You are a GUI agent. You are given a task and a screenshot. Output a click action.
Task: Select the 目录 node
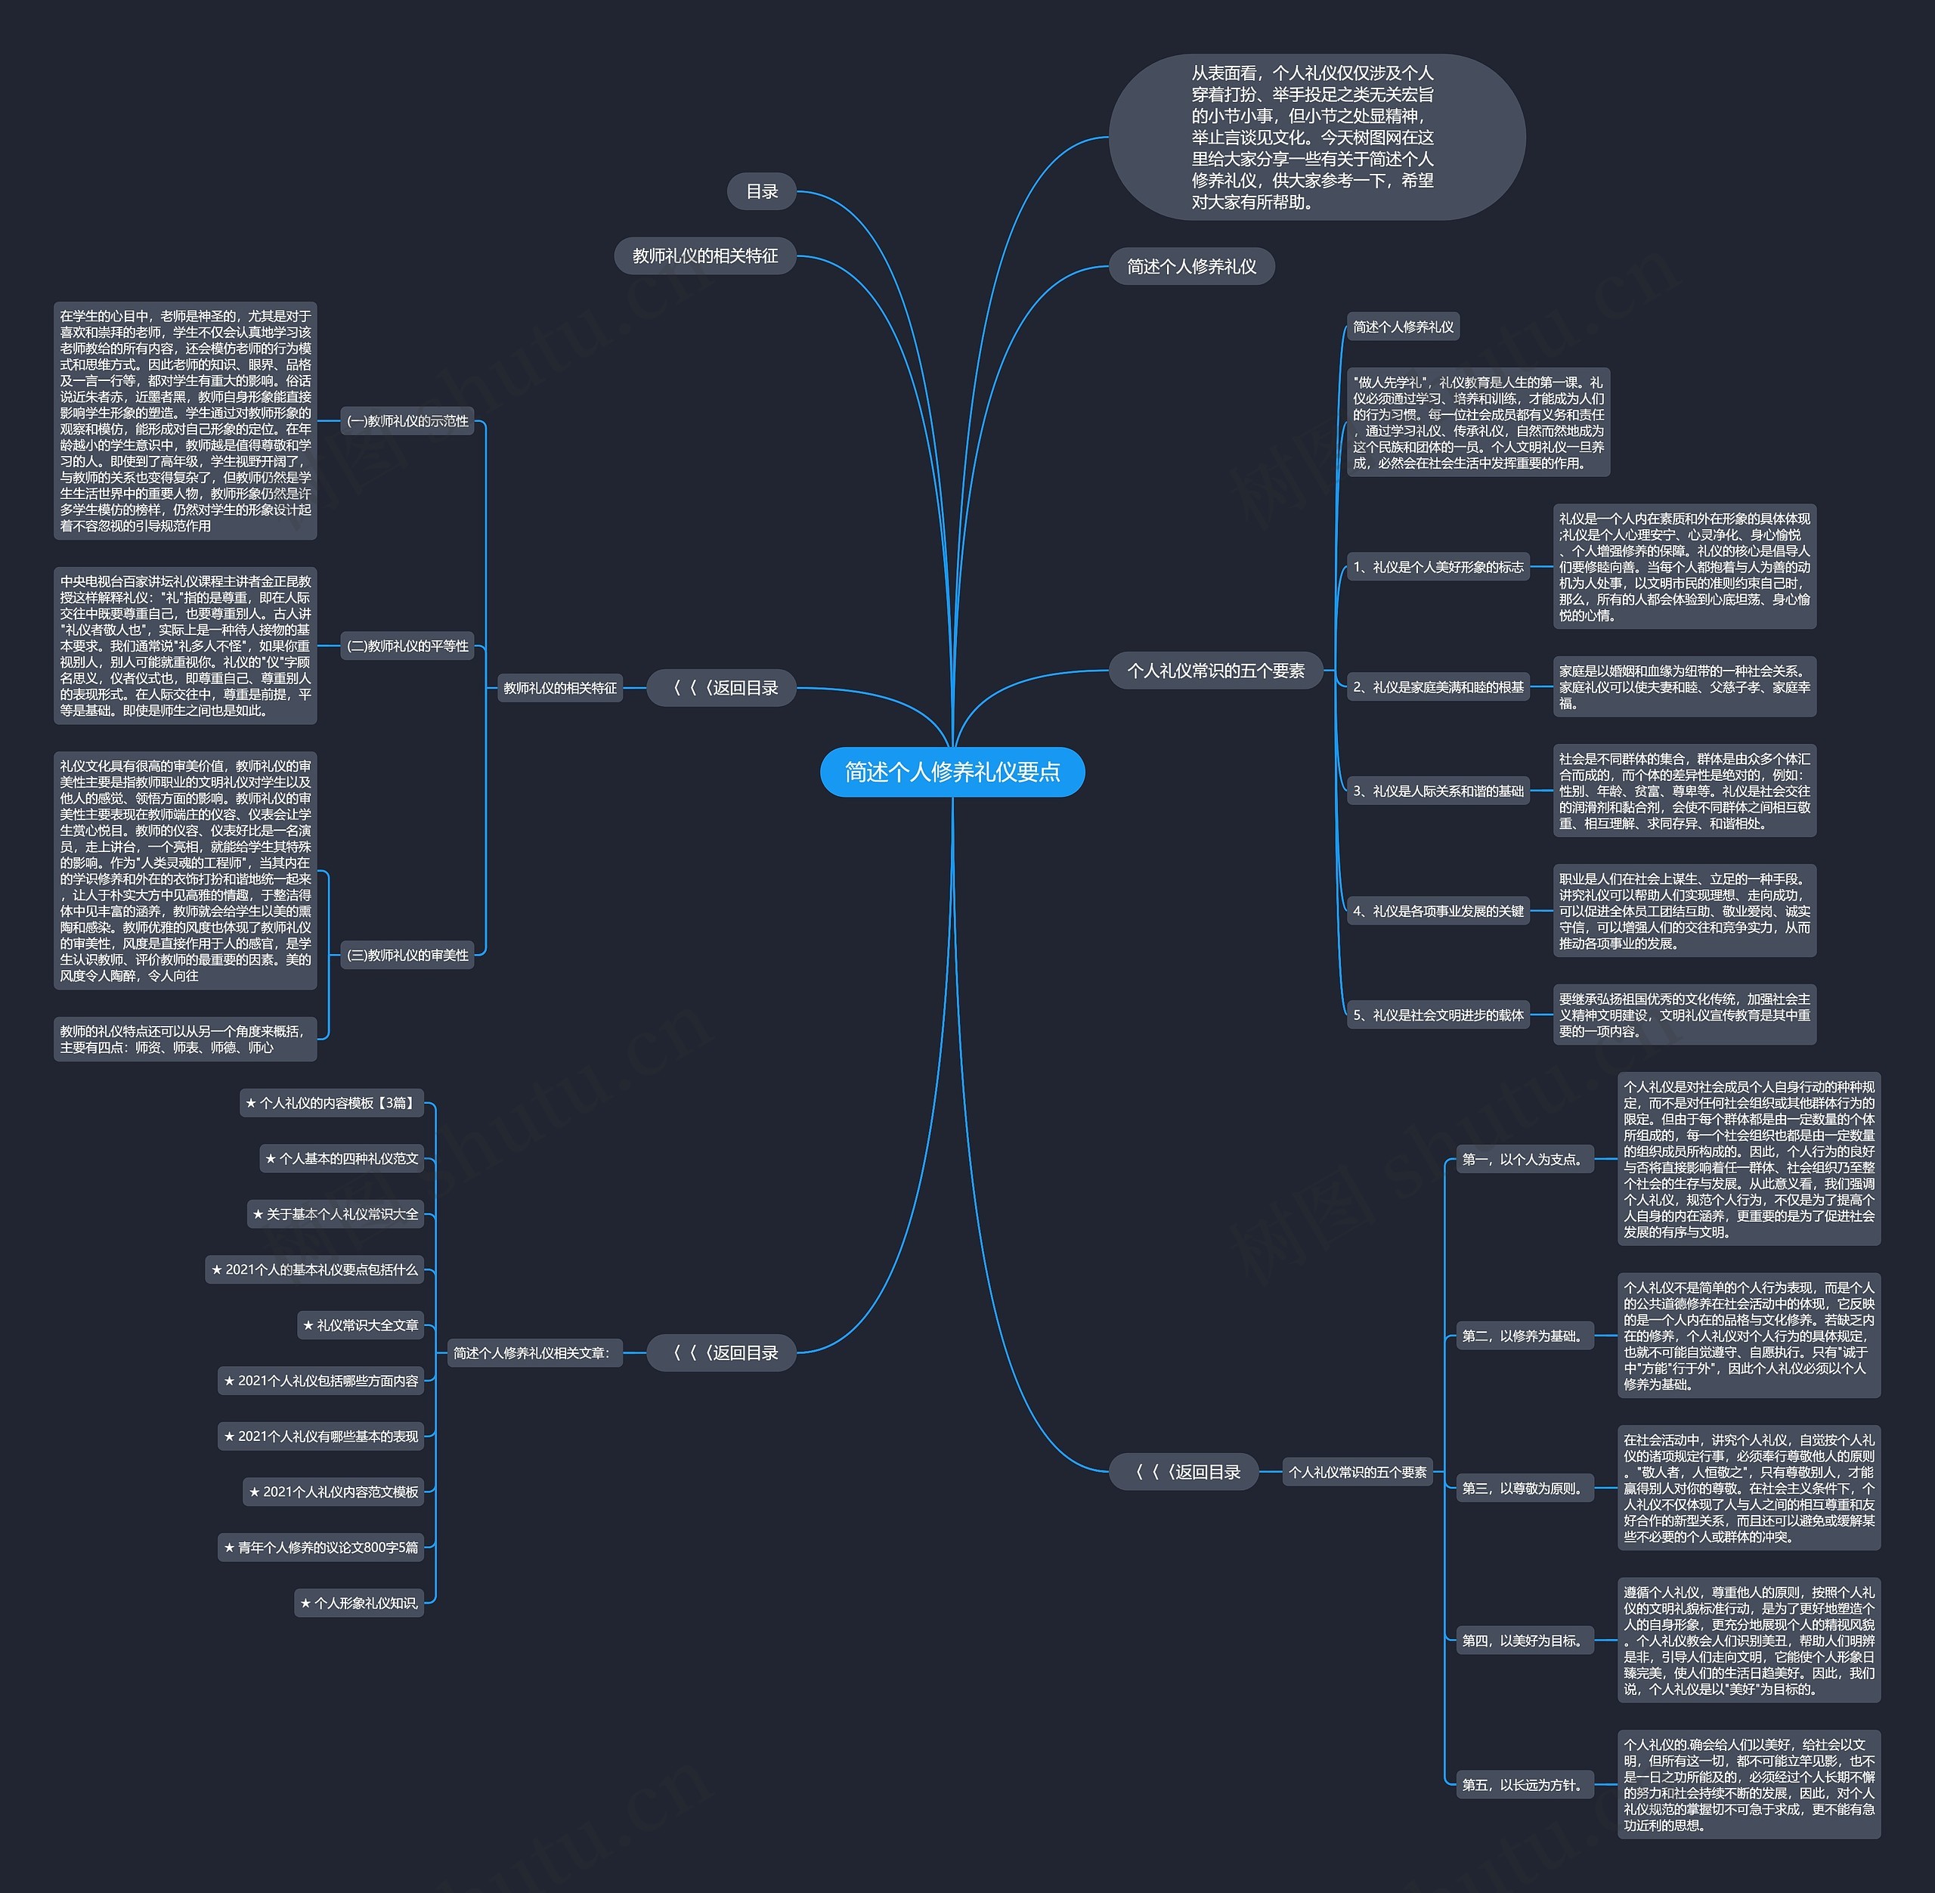pyautogui.click(x=761, y=192)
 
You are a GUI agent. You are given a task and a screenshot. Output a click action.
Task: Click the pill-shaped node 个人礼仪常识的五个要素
pyautogui.click(x=1215, y=671)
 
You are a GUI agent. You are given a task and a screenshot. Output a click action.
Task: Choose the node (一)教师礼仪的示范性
pyautogui.click(x=407, y=422)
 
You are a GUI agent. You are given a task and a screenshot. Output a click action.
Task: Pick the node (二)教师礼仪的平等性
pyautogui.click(x=407, y=646)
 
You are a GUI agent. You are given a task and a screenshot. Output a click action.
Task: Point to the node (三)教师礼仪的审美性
pyautogui.click(x=407, y=956)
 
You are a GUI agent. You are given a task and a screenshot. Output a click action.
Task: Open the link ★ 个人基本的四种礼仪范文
pyautogui.click(x=342, y=1158)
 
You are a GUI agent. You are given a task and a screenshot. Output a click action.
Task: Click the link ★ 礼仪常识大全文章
pyautogui.click(x=361, y=1325)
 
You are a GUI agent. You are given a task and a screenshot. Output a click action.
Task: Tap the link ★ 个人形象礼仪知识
pyautogui.click(x=359, y=1603)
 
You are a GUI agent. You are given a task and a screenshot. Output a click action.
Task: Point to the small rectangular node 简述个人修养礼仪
pyautogui.click(x=1402, y=327)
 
